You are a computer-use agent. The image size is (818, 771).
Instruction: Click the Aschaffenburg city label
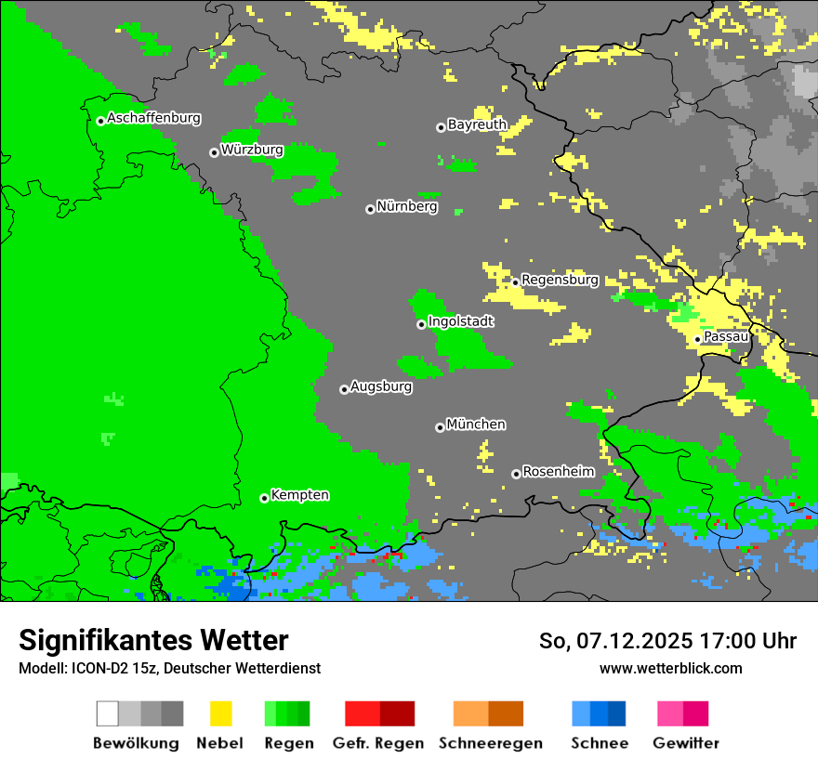click(x=153, y=118)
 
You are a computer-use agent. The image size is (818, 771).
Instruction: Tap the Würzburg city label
click(x=252, y=149)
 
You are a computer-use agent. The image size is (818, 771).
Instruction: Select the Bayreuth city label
click(x=477, y=124)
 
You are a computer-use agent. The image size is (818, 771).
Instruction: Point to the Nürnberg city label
click(x=407, y=206)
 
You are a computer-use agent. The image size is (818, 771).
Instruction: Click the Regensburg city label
click(x=560, y=280)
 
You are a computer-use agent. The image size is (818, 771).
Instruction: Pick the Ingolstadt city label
click(x=461, y=321)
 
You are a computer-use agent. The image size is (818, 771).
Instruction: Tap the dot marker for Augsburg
click(x=344, y=389)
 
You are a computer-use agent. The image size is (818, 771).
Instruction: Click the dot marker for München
click(x=440, y=427)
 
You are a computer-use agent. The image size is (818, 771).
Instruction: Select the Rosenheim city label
click(x=558, y=472)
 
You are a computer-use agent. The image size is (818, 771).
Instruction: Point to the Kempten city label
click(x=299, y=495)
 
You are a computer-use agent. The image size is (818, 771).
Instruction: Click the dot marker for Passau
click(x=697, y=339)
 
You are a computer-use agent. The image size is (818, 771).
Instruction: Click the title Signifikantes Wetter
click(x=153, y=640)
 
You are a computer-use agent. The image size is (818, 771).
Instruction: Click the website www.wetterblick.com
click(x=670, y=668)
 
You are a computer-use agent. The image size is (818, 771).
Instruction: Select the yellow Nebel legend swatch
click(x=220, y=713)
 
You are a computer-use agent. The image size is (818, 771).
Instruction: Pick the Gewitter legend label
click(x=686, y=743)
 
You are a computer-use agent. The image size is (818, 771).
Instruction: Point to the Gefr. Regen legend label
click(x=377, y=743)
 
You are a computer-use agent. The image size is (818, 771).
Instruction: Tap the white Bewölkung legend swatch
click(x=108, y=713)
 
